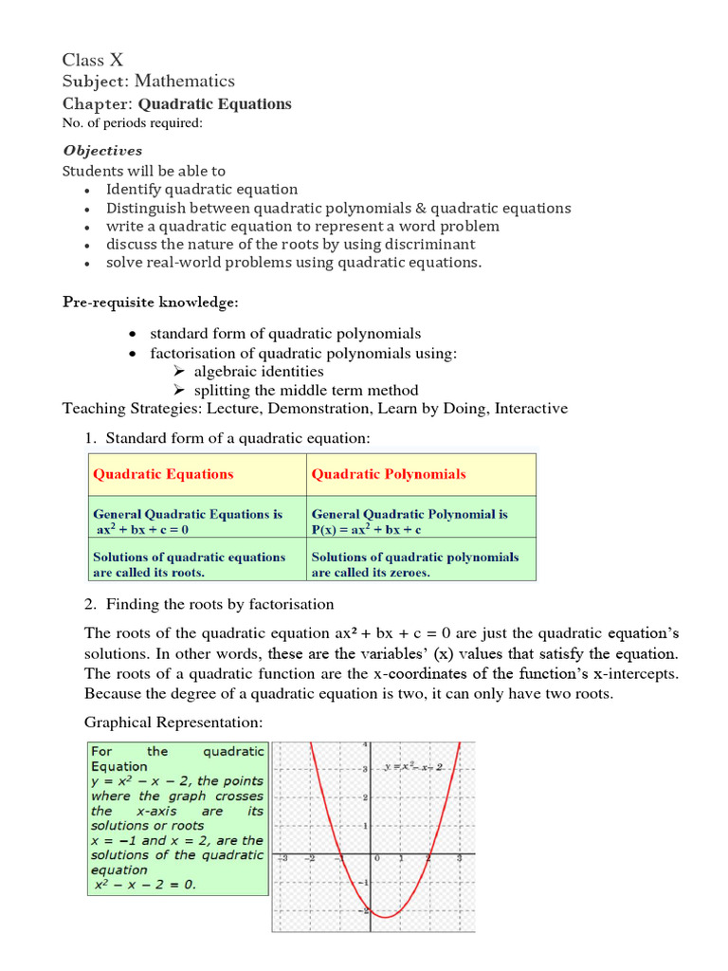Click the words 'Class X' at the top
tap(93, 61)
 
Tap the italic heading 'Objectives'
tap(102, 150)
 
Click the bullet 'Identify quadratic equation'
tap(201, 190)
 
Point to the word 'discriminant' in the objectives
tap(422, 245)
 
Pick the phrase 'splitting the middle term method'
tap(305, 390)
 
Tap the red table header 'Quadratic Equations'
tap(162, 474)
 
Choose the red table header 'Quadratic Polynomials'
tap(389, 474)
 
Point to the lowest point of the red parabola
tap(386, 916)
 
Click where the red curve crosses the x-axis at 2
tap(428, 855)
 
